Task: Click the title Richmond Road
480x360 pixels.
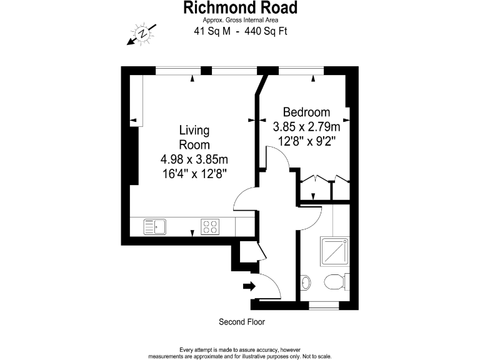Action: coord(240,8)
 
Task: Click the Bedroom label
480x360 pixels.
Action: coord(306,112)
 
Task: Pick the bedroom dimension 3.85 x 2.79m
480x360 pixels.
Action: coord(306,127)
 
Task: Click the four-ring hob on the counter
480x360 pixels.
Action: coord(210,226)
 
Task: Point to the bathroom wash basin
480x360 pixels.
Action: coord(305,282)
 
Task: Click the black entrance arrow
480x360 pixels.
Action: coord(249,286)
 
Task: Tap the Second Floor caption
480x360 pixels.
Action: coord(242,322)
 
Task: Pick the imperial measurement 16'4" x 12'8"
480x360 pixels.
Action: coord(194,173)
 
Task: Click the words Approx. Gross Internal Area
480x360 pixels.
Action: coord(240,20)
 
